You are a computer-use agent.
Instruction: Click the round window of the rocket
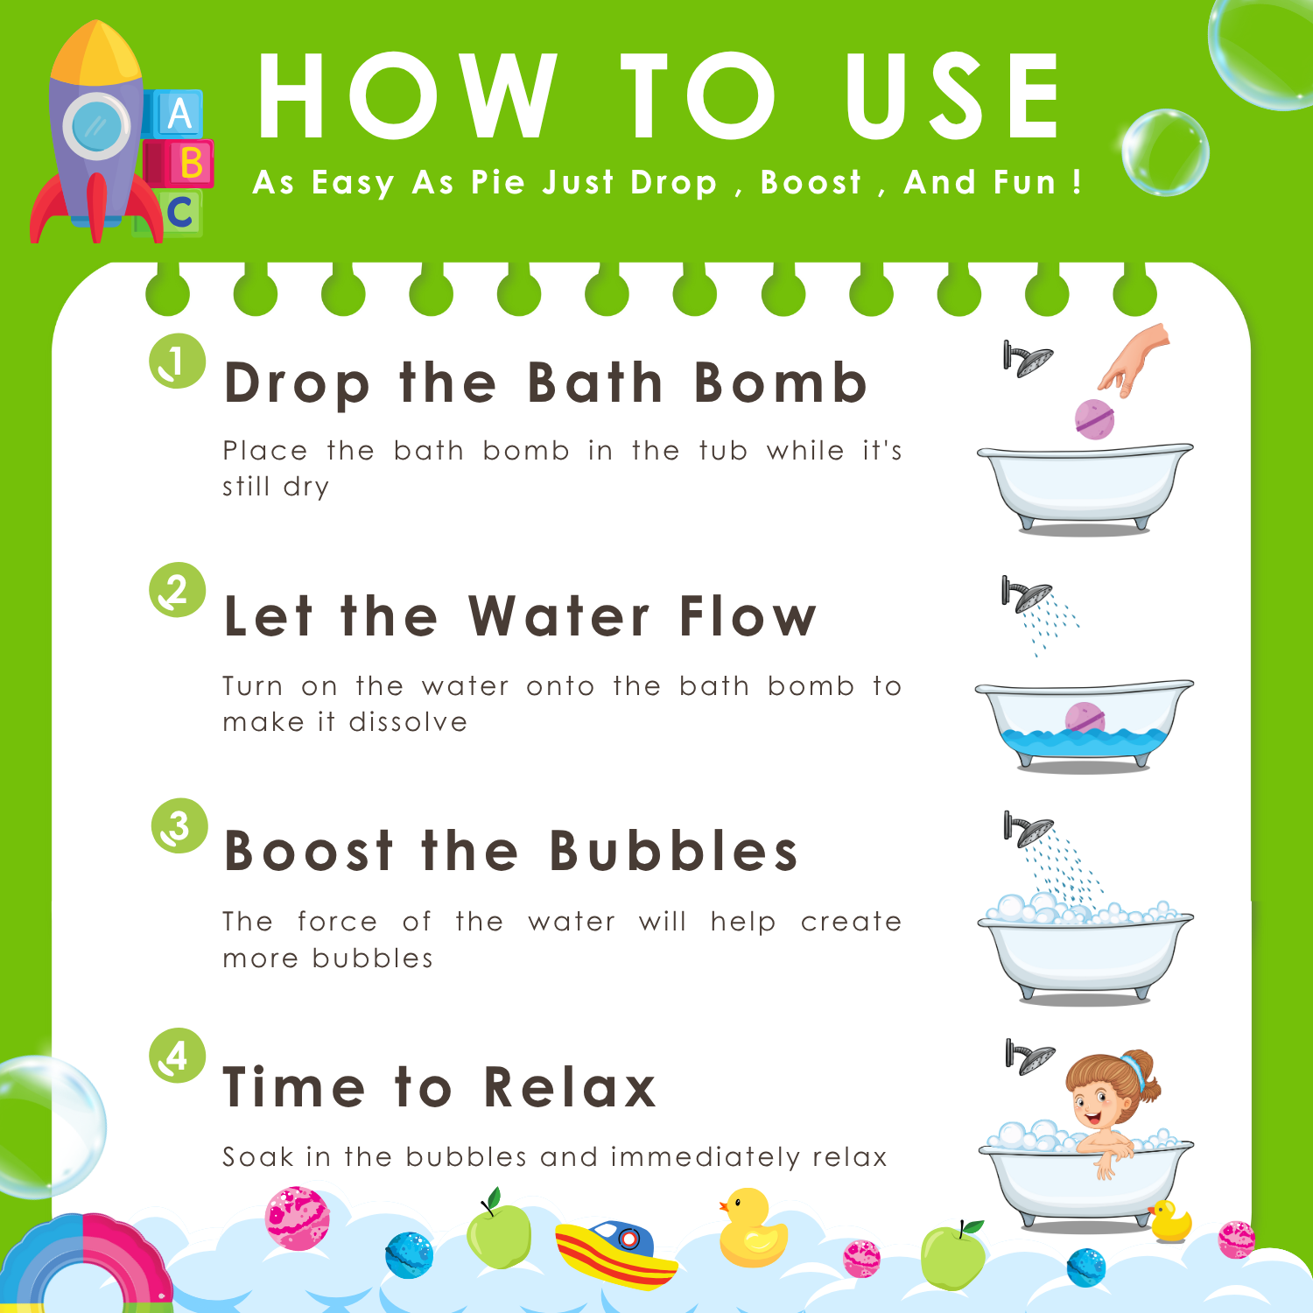point(95,126)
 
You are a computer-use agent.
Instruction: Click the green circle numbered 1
point(177,361)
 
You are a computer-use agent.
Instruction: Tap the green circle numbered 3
point(179,825)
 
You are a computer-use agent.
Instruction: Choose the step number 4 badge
point(177,1056)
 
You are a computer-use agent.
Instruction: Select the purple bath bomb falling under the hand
point(1094,418)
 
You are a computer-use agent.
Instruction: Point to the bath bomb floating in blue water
point(1085,719)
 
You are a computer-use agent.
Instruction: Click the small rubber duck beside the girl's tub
point(1170,1221)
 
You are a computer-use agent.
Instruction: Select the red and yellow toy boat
point(616,1254)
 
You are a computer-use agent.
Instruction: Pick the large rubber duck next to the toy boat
point(753,1228)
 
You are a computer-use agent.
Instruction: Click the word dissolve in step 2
point(408,722)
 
